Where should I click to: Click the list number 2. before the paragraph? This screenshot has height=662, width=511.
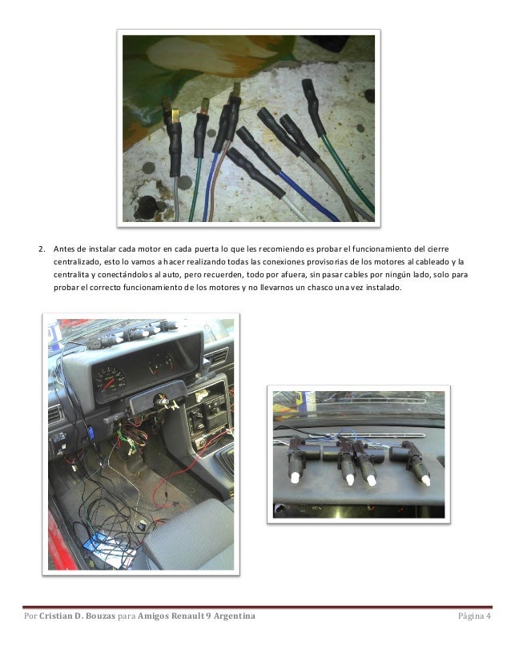tap(42, 249)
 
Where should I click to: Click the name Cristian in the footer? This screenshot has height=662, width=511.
tap(56, 616)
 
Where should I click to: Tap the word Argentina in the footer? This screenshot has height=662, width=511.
tap(234, 616)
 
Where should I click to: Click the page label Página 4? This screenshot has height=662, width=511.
tap(474, 616)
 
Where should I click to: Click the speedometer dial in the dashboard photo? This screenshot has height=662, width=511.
tap(110, 379)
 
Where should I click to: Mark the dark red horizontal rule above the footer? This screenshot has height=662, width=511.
tap(257, 608)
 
